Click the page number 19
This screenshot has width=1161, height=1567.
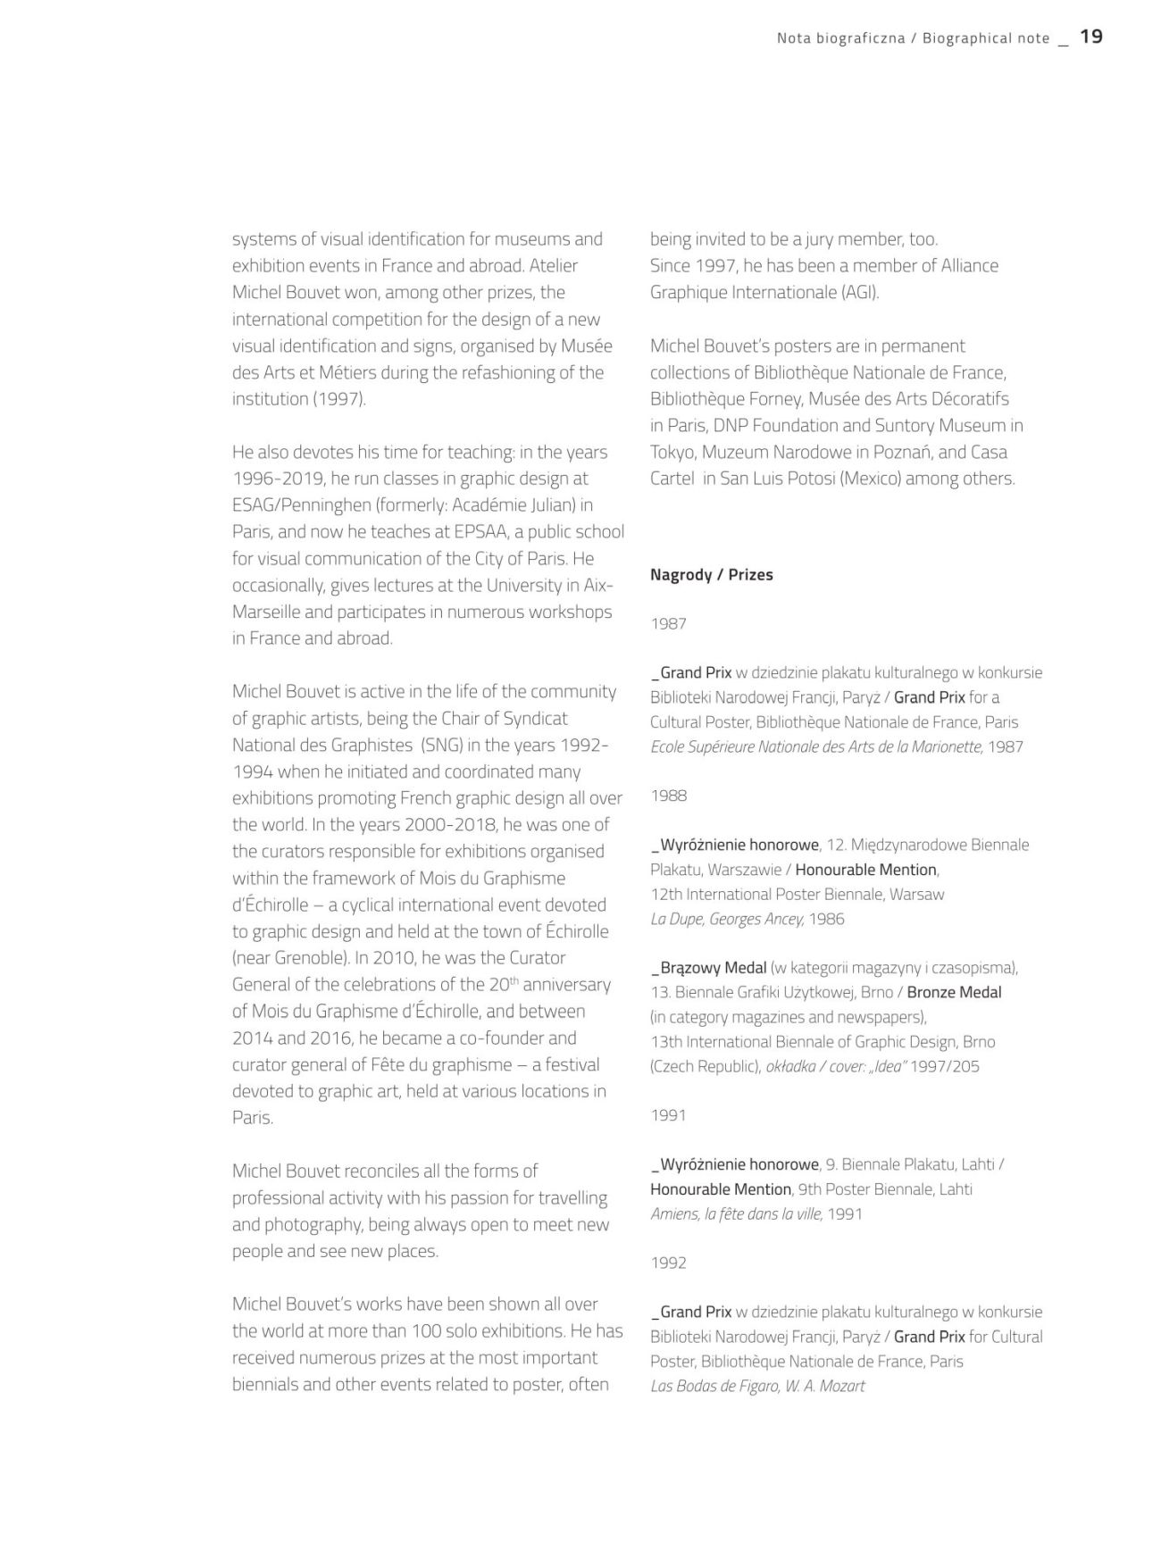point(1090,37)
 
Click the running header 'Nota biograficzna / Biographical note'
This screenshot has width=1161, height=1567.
point(913,38)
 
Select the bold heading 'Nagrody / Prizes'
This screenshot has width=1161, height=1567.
point(711,575)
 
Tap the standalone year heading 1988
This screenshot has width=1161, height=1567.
point(669,796)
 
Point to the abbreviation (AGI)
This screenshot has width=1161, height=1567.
point(860,292)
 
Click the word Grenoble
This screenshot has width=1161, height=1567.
point(305,958)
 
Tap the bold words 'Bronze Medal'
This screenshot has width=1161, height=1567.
point(954,992)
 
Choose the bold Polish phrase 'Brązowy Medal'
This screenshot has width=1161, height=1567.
point(713,968)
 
